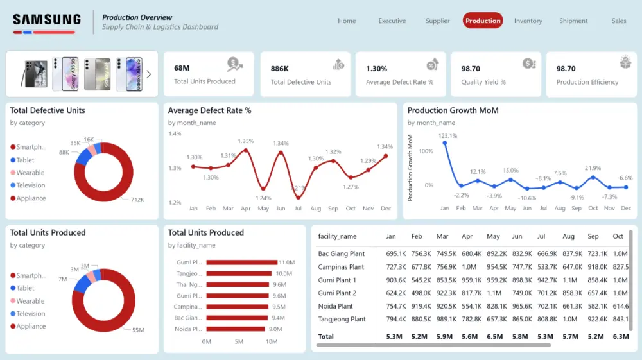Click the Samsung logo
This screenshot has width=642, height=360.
47,20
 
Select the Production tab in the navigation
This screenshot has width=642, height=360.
483,21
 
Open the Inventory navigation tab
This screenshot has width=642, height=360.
528,21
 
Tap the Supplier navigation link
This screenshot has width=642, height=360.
437,21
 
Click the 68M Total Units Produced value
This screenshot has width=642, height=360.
182,68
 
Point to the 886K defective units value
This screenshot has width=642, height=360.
279,69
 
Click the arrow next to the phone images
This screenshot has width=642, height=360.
149,74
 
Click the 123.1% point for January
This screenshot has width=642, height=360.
444,142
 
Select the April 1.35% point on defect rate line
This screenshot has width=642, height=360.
246,151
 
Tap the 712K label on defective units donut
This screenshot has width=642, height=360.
137,200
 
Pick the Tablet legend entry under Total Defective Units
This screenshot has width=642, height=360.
25,160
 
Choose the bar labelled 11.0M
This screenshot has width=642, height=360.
241,262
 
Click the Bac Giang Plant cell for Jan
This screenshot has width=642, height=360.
395,253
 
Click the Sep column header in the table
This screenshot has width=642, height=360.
593,236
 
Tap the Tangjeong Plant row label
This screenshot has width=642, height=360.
342,319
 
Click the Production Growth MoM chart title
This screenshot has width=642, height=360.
453,110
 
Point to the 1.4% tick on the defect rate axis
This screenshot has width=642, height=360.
175,133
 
